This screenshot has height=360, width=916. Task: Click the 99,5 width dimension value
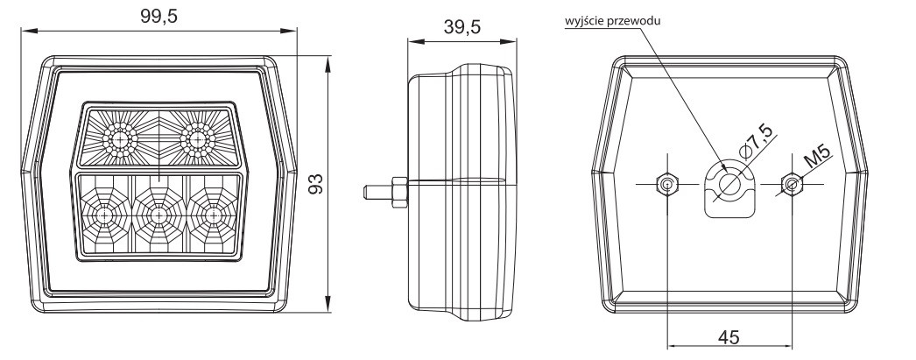(159, 17)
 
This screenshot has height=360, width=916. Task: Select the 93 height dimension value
(316, 184)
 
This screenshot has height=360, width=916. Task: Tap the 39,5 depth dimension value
(462, 27)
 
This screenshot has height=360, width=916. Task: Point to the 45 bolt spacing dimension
(729, 337)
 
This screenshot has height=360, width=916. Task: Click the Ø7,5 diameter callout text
(757, 143)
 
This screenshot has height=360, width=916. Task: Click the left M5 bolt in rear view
(666, 185)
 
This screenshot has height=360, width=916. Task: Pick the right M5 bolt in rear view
(791, 185)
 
